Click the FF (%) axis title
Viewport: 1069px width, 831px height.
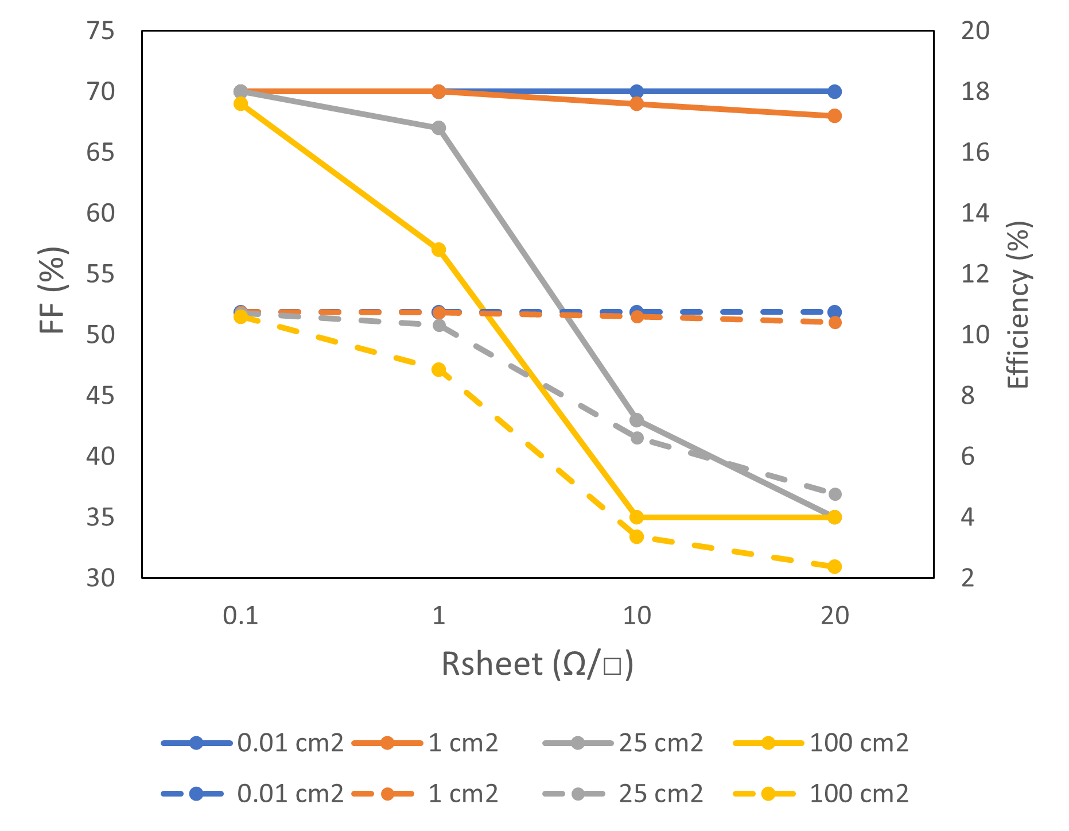coord(53,290)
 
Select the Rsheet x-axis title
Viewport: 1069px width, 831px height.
coord(537,664)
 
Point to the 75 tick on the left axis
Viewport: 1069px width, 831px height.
coord(100,30)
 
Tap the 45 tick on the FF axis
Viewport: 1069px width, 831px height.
coord(100,396)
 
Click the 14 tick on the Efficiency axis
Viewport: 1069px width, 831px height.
coord(975,213)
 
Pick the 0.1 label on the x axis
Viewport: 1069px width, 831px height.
coord(240,616)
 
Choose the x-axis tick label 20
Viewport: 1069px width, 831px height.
coord(834,616)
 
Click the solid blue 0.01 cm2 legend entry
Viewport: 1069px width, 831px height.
coord(252,743)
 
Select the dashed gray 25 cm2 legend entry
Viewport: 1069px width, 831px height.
coord(623,794)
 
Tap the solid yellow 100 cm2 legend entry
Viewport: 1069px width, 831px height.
coord(821,743)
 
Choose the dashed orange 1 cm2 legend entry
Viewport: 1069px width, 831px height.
coord(425,794)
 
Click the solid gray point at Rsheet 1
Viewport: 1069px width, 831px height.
coord(438,127)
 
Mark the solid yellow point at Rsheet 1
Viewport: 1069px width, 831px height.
coord(438,249)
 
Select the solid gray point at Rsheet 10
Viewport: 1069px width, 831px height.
coord(636,420)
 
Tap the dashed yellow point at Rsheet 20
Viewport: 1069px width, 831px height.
coord(834,566)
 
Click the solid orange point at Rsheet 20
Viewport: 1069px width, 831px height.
coord(834,115)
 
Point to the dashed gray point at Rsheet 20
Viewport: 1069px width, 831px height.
coord(834,494)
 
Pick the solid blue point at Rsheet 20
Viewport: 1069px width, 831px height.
coord(834,91)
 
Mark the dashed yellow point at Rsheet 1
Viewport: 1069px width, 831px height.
coord(438,369)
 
